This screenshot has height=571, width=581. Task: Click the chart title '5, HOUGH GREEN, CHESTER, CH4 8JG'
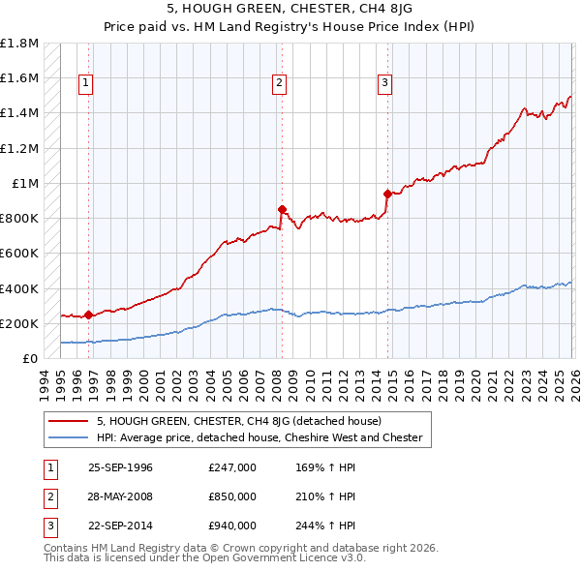point(290,11)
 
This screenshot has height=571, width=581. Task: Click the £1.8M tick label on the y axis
point(19,44)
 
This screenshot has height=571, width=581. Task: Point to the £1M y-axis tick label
point(25,183)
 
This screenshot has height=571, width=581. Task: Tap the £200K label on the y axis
point(19,323)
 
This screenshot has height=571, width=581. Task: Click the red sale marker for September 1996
point(88,315)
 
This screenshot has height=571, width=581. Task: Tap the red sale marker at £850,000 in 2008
point(282,209)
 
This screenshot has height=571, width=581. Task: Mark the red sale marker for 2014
point(387,194)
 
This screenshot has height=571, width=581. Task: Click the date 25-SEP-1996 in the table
point(120,467)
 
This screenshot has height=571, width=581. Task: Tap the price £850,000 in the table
point(232,496)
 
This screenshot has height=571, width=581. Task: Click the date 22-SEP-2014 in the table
point(120,526)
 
